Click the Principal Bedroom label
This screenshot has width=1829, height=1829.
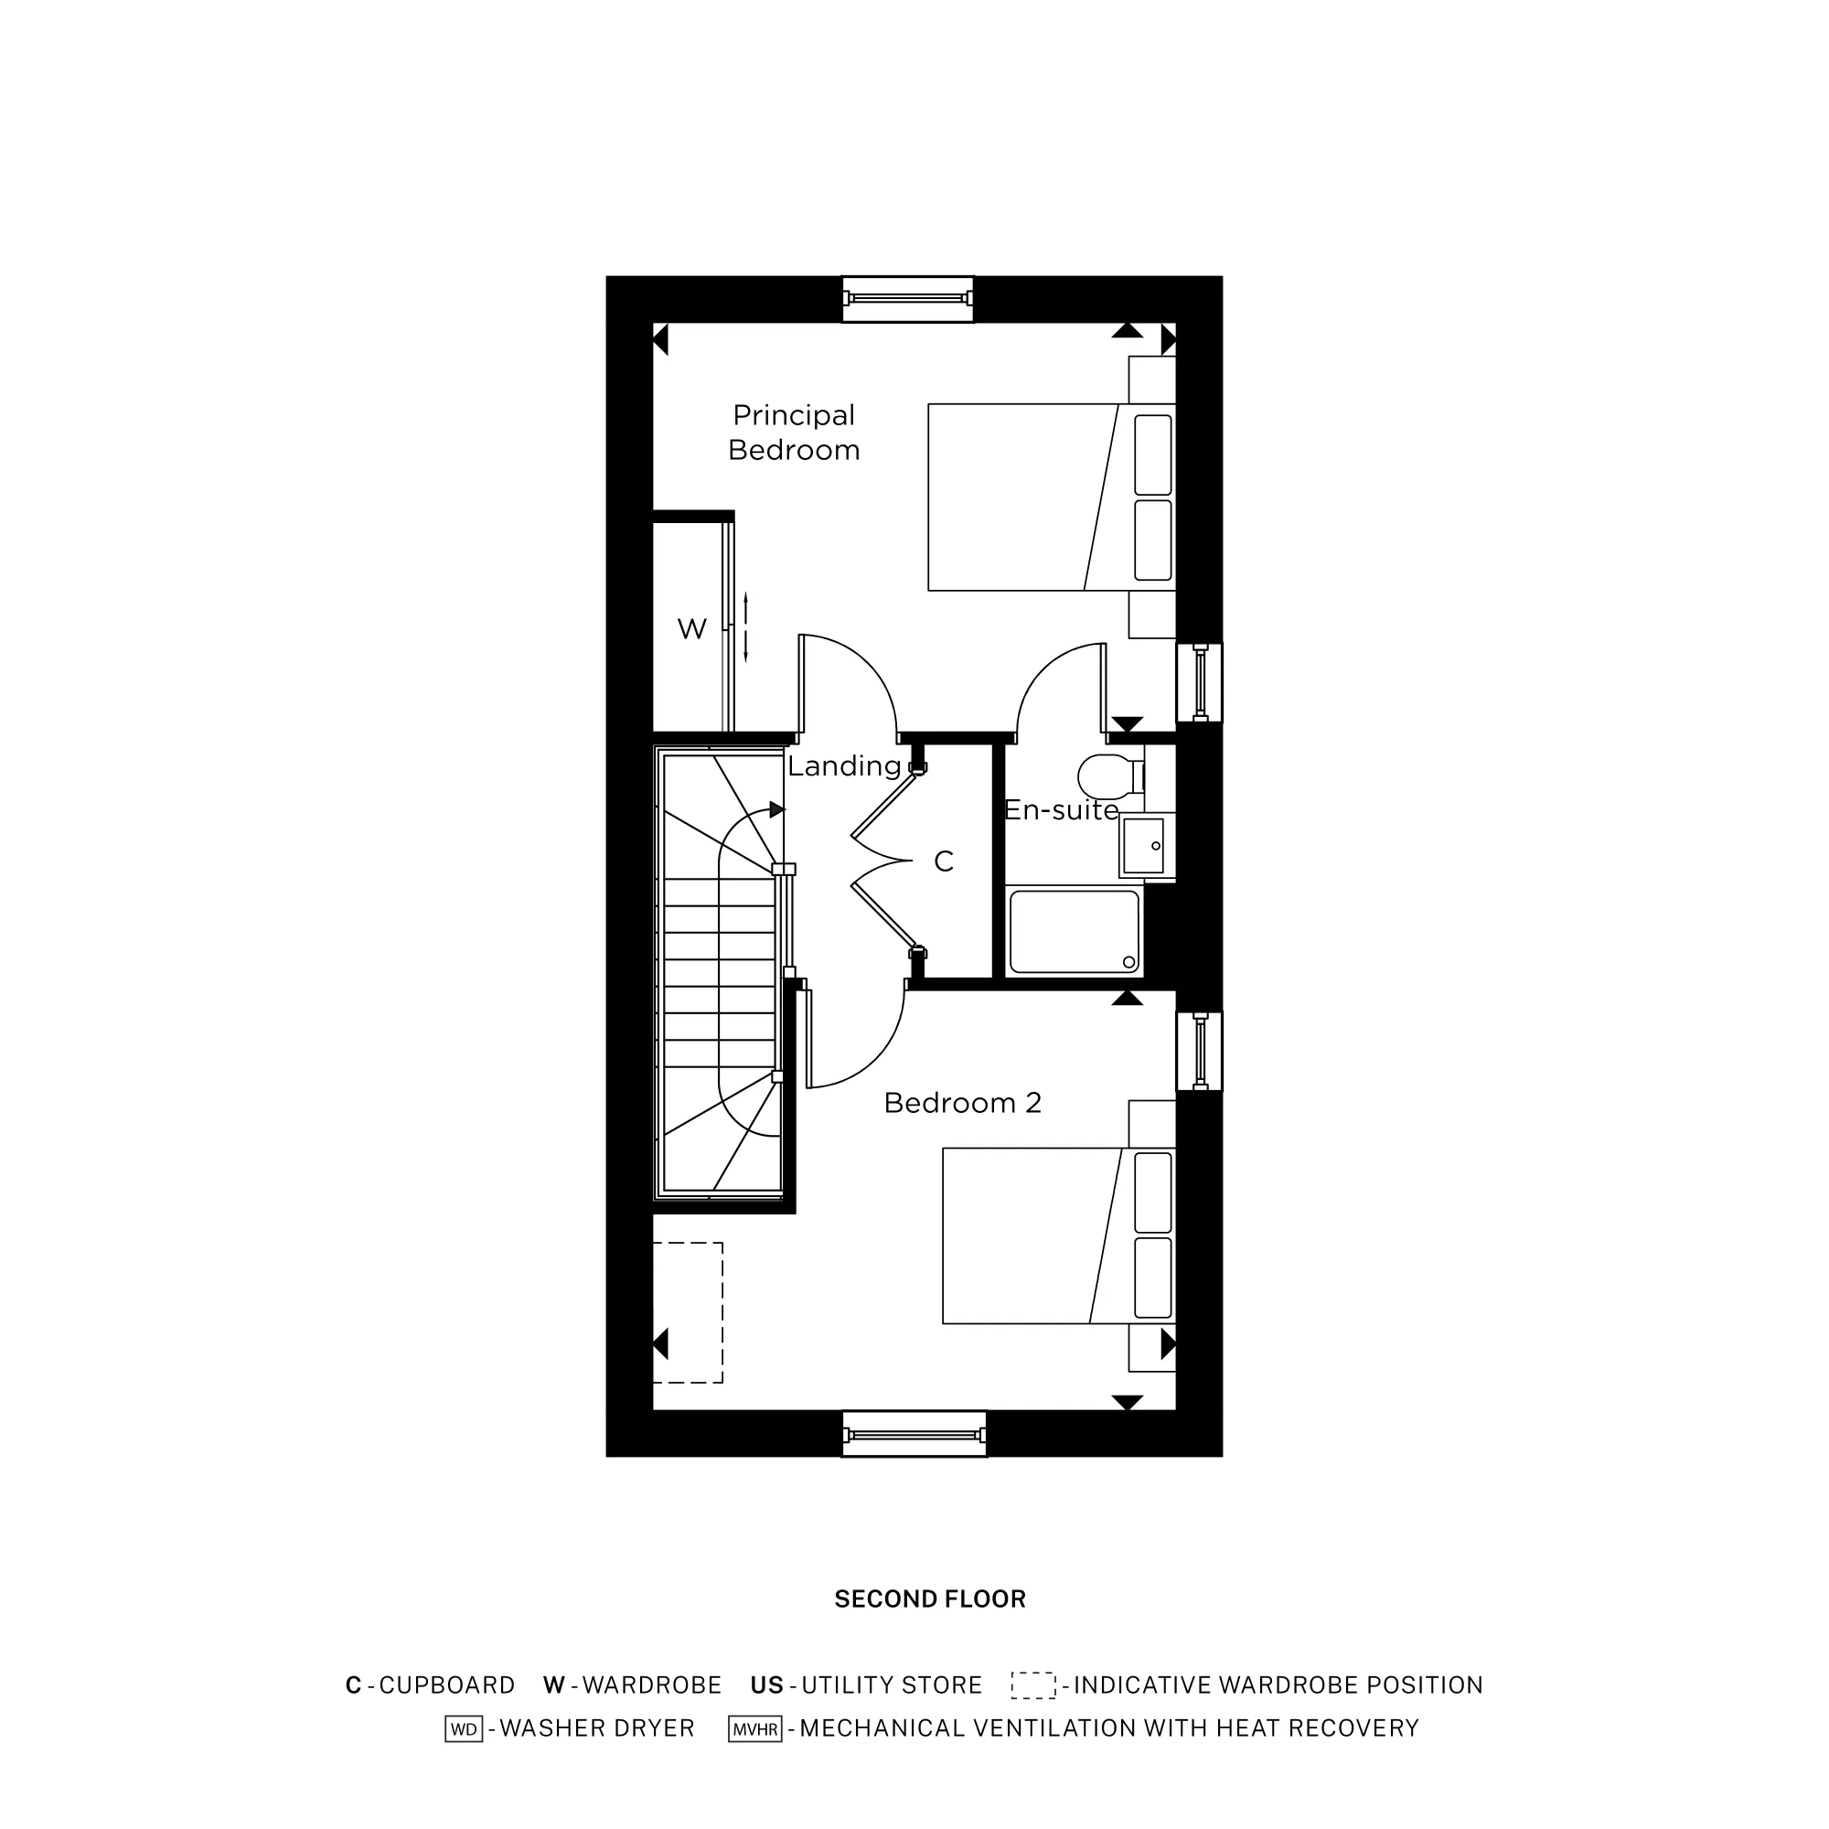[793, 433]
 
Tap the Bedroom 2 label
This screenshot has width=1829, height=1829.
[962, 1103]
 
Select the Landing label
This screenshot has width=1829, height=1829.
[843, 765]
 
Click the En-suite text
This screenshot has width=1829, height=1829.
[1060, 810]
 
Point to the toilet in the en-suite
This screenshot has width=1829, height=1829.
[1106, 776]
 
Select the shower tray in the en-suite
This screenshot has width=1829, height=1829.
[1074, 932]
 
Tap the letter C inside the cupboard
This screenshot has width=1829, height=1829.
[944, 861]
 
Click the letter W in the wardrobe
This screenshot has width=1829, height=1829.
[692, 628]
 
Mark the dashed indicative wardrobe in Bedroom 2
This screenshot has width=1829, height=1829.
[689, 1313]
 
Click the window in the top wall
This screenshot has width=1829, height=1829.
[908, 299]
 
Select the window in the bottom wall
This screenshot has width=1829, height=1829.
[914, 1435]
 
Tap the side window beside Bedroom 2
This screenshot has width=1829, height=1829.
[1200, 1051]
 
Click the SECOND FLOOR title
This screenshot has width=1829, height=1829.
[930, 1599]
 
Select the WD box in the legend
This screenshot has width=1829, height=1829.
[464, 1728]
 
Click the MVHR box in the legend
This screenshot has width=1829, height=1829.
[754, 1728]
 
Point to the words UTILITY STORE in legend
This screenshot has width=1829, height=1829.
[891, 1685]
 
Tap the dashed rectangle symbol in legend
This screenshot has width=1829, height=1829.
[1032, 1685]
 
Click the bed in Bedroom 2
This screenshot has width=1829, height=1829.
[1042, 1235]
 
